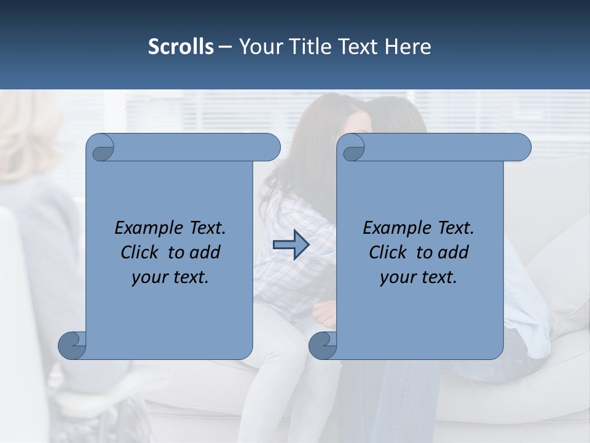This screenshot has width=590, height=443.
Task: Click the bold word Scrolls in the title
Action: point(181,47)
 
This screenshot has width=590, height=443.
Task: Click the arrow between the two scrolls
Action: point(291,245)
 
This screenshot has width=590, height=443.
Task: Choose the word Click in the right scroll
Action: point(388,253)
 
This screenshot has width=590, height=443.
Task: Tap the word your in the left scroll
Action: point(147,278)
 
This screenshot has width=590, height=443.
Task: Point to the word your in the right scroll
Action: point(396,278)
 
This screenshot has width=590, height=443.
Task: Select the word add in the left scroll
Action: point(206,253)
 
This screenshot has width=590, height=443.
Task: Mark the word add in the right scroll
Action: point(454,253)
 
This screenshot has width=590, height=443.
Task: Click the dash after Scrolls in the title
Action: point(225,47)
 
